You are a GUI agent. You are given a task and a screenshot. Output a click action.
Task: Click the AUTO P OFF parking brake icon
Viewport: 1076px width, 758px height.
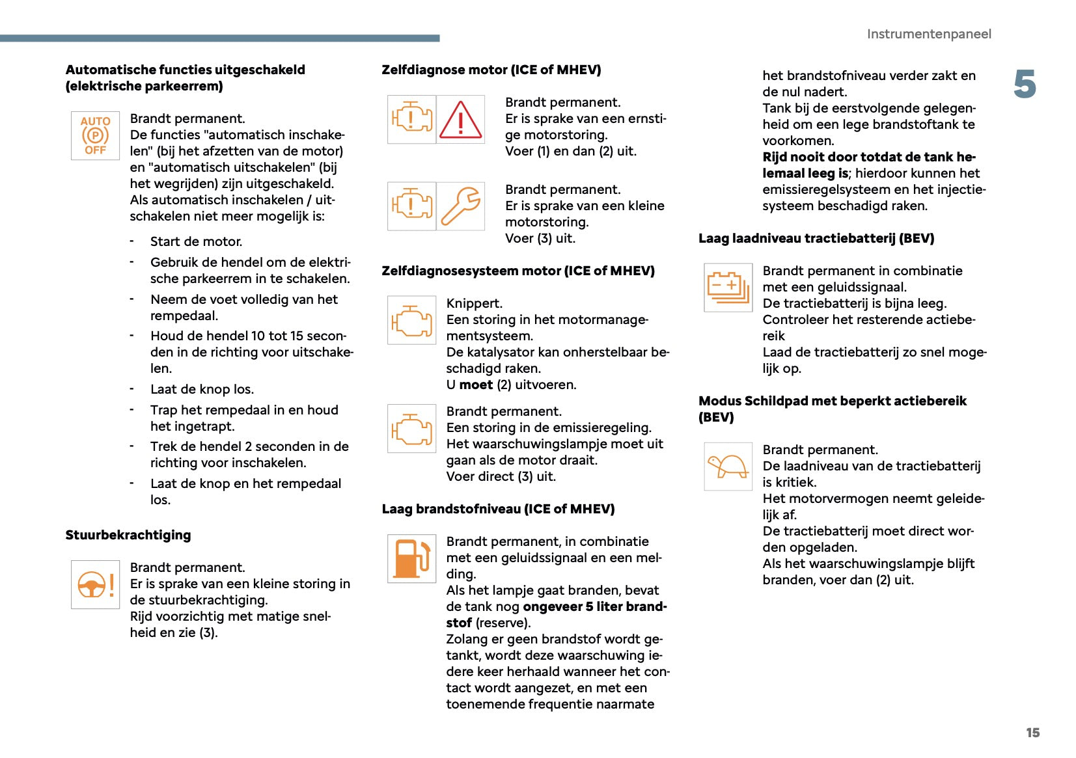click(95, 135)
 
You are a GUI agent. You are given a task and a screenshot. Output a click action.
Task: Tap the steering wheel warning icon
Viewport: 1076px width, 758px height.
click(95, 584)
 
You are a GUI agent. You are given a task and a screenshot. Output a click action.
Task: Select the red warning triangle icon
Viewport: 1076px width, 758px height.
click(460, 120)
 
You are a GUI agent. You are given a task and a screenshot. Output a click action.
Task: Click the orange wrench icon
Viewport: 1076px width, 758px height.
click(460, 206)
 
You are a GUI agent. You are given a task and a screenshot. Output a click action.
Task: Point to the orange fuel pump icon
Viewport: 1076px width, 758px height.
click(411, 558)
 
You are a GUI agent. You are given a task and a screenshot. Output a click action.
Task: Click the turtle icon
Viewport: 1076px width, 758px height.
click(728, 466)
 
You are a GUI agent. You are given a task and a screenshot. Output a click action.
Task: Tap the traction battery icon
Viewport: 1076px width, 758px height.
click(728, 287)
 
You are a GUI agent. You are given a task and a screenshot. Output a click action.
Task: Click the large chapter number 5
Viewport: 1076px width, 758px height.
click(1025, 85)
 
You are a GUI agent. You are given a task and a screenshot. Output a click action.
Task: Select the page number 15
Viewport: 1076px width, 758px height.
click(1032, 733)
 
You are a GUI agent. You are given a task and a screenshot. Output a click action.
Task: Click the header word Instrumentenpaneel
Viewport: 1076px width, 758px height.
click(929, 34)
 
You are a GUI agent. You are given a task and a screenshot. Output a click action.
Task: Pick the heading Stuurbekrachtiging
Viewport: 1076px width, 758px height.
click(128, 535)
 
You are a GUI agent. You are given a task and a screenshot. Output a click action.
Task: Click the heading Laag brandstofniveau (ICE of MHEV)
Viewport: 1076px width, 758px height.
click(498, 509)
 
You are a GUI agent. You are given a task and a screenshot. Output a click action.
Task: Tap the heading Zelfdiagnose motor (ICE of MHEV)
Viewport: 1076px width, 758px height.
click(491, 70)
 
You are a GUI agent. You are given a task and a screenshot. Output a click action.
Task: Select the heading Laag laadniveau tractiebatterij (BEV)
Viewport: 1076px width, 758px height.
click(816, 238)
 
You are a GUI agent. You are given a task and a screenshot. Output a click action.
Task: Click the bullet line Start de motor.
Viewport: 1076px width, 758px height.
click(196, 241)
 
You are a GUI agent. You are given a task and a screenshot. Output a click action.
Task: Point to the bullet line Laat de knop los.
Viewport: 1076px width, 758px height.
click(202, 389)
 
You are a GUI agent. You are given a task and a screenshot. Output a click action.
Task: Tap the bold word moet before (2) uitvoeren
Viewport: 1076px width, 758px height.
click(476, 385)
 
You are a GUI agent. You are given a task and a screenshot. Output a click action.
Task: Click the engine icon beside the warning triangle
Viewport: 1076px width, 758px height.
click(411, 120)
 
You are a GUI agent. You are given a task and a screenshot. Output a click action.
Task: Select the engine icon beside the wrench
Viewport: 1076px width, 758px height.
click(411, 206)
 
